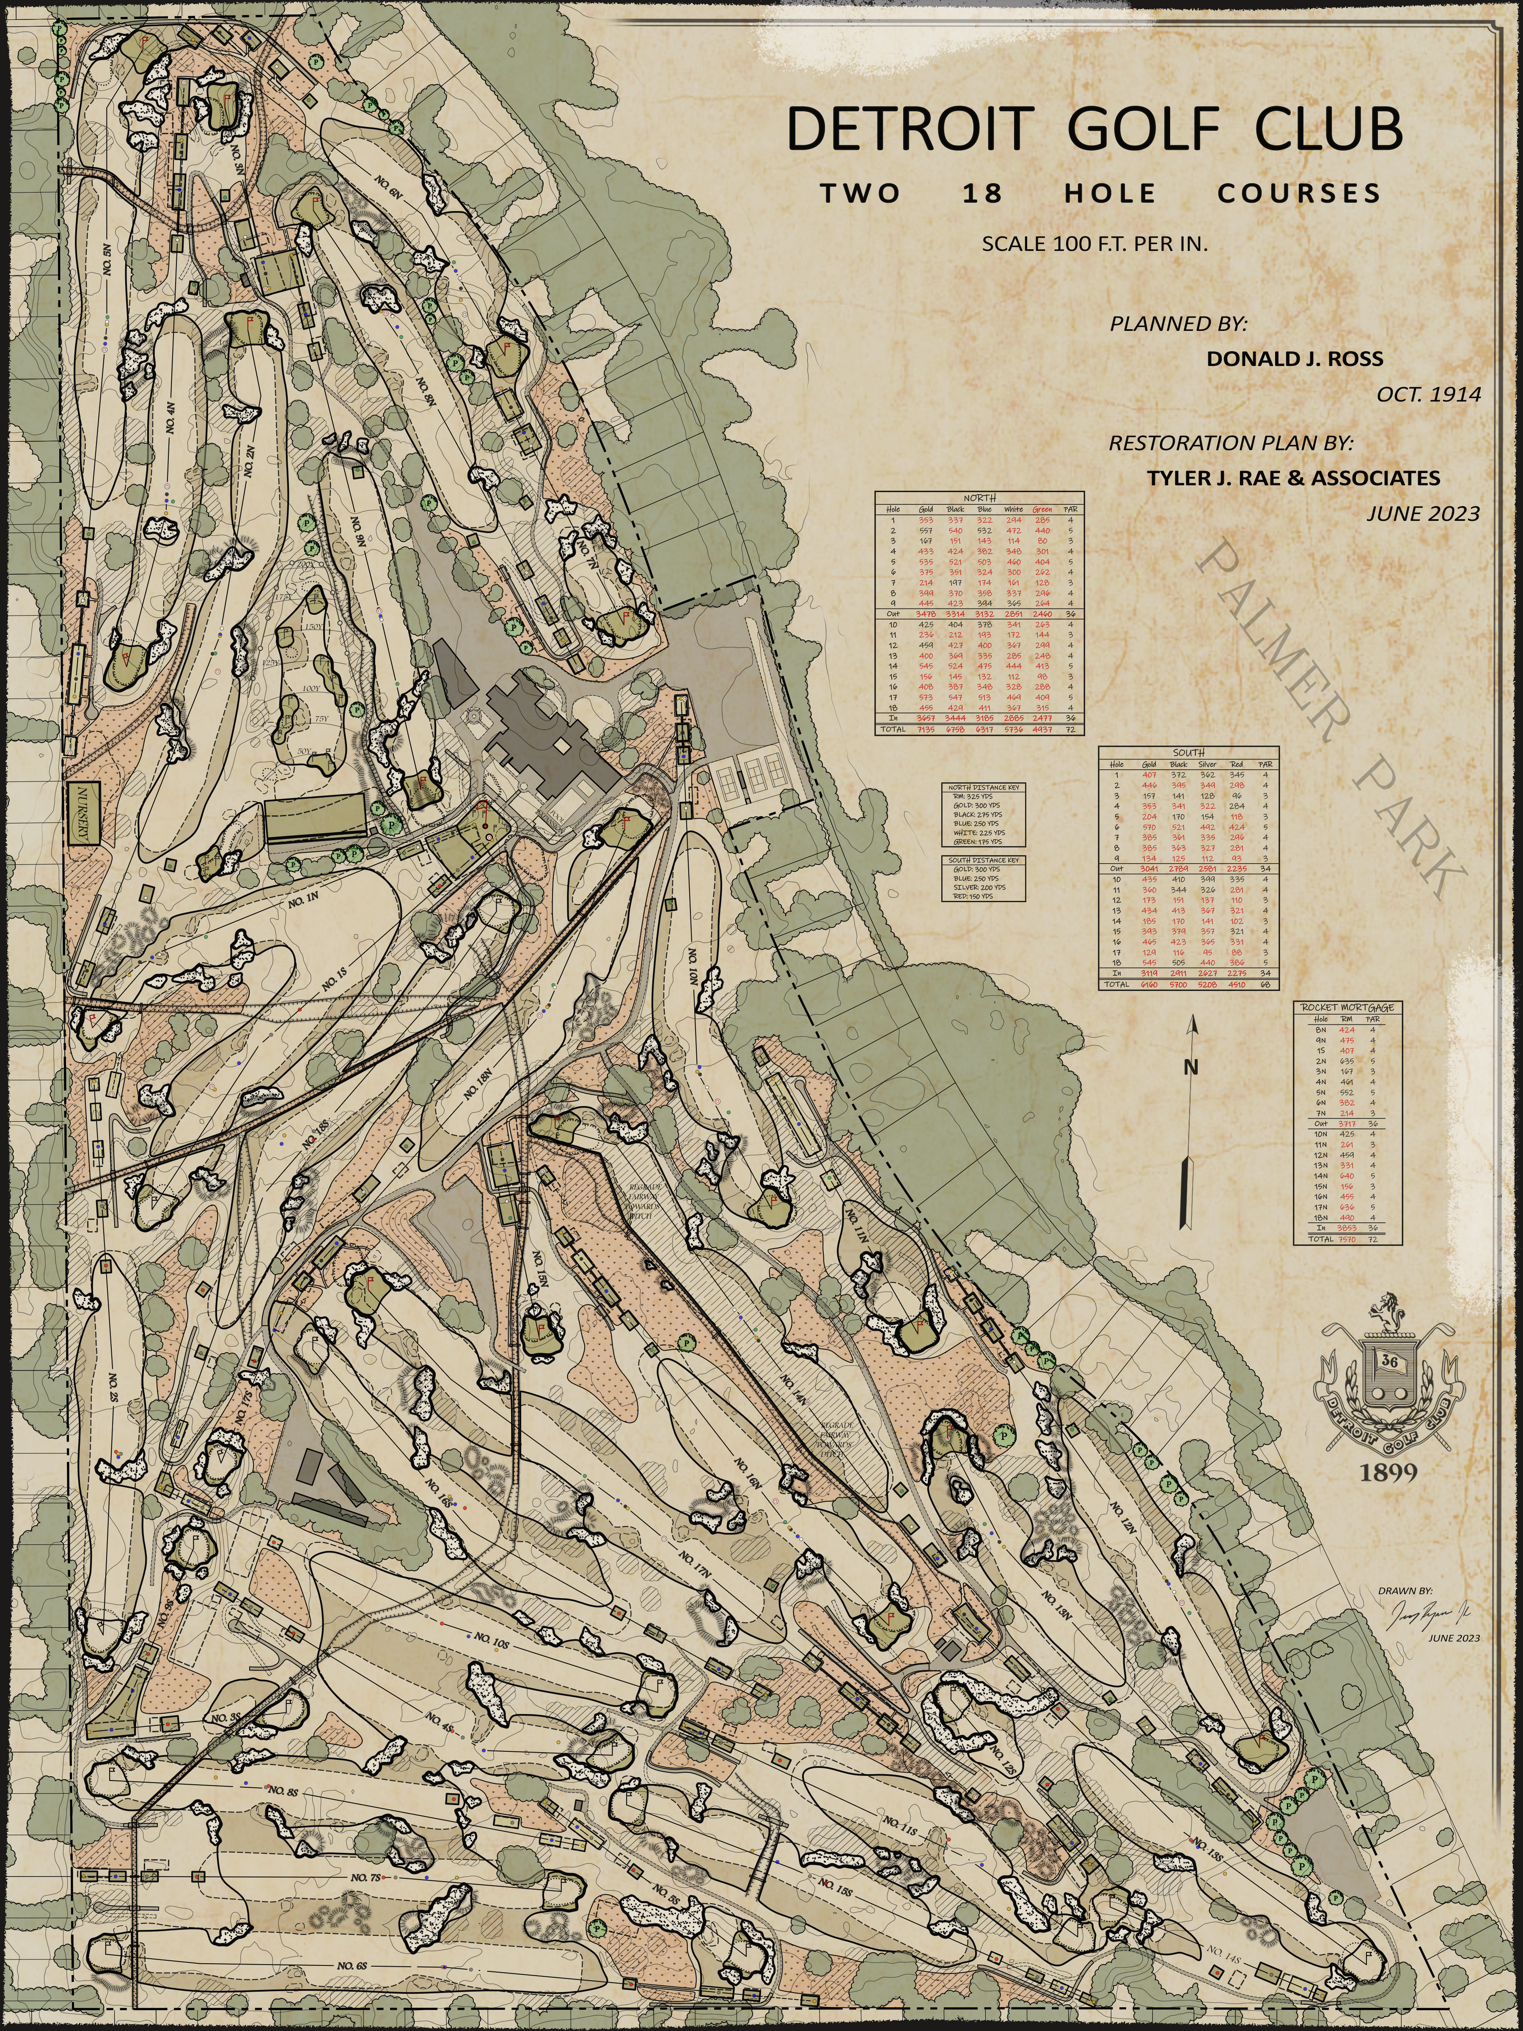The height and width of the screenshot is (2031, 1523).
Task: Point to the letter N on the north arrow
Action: coord(1190,1068)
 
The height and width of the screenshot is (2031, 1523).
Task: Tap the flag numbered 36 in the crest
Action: coord(1389,1361)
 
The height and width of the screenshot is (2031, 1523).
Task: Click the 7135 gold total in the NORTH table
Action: coord(925,729)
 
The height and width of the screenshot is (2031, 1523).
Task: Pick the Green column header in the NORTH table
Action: coord(1042,509)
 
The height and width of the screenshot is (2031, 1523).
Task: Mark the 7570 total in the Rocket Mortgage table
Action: coord(1347,1238)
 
